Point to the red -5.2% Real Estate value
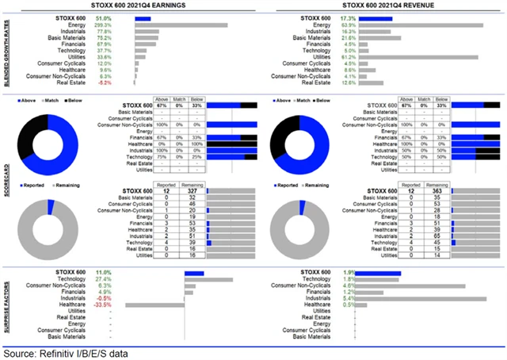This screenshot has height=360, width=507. (123, 82)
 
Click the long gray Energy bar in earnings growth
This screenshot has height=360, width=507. (181, 25)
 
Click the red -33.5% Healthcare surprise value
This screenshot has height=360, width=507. (121, 304)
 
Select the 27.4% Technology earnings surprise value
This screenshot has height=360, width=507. (121, 280)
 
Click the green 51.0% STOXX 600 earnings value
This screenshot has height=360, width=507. (122, 17)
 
